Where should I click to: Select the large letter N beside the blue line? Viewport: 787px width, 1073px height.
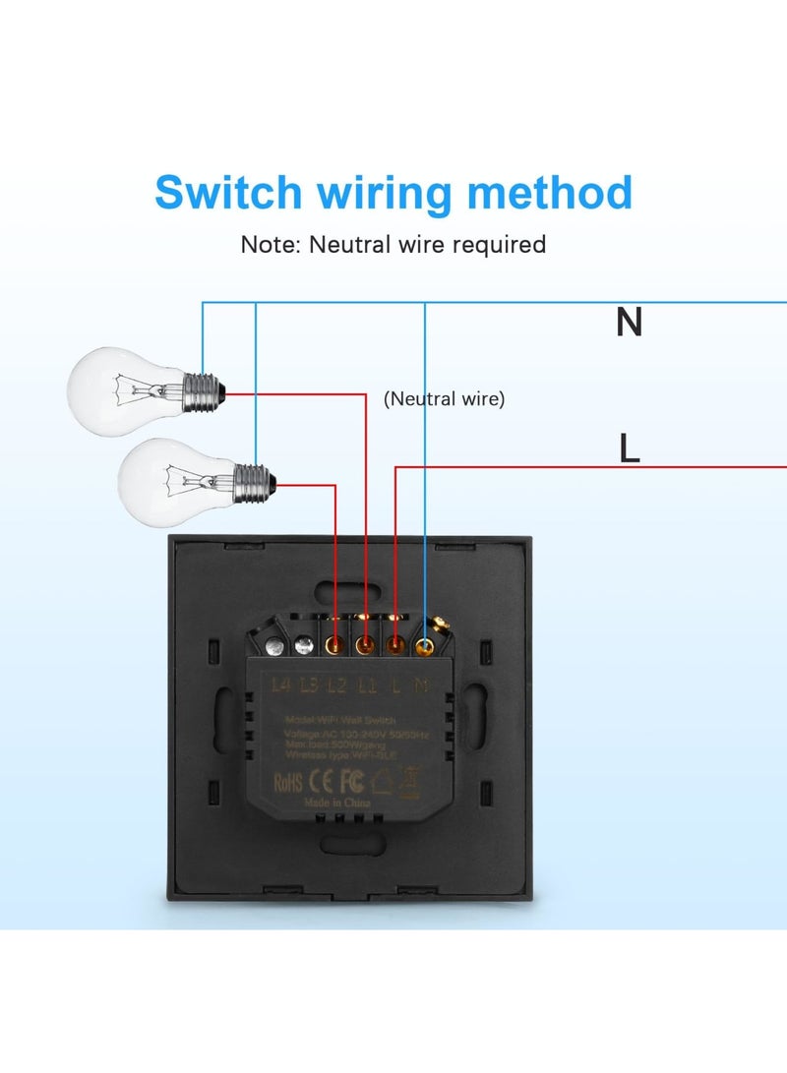pyautogui.click(x=629, y=324)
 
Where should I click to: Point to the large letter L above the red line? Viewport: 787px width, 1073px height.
pyautogui.click(x=630, y=448)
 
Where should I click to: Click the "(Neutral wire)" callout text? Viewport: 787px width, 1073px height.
pyautogui.click(x=444, y=399)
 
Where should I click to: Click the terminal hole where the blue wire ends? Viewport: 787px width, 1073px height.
pyautogui.click(x=425, y=647)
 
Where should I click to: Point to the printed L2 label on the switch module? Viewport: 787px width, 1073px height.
pyautogui.click(x=335, y=684)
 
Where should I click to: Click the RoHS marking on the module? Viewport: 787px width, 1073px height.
pyautogui.click(x=288, y=783)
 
